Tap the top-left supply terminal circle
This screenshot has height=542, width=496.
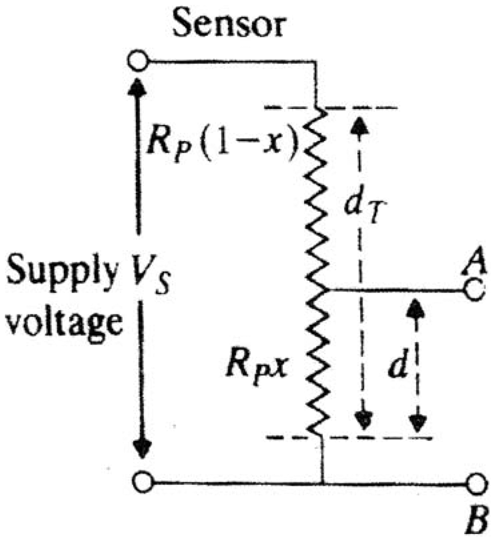tap(139, 62)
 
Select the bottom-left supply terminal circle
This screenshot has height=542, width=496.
tap(141, 481)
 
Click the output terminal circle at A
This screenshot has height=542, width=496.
tap(475, 291)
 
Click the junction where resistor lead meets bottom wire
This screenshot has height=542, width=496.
tap(323, 482)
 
